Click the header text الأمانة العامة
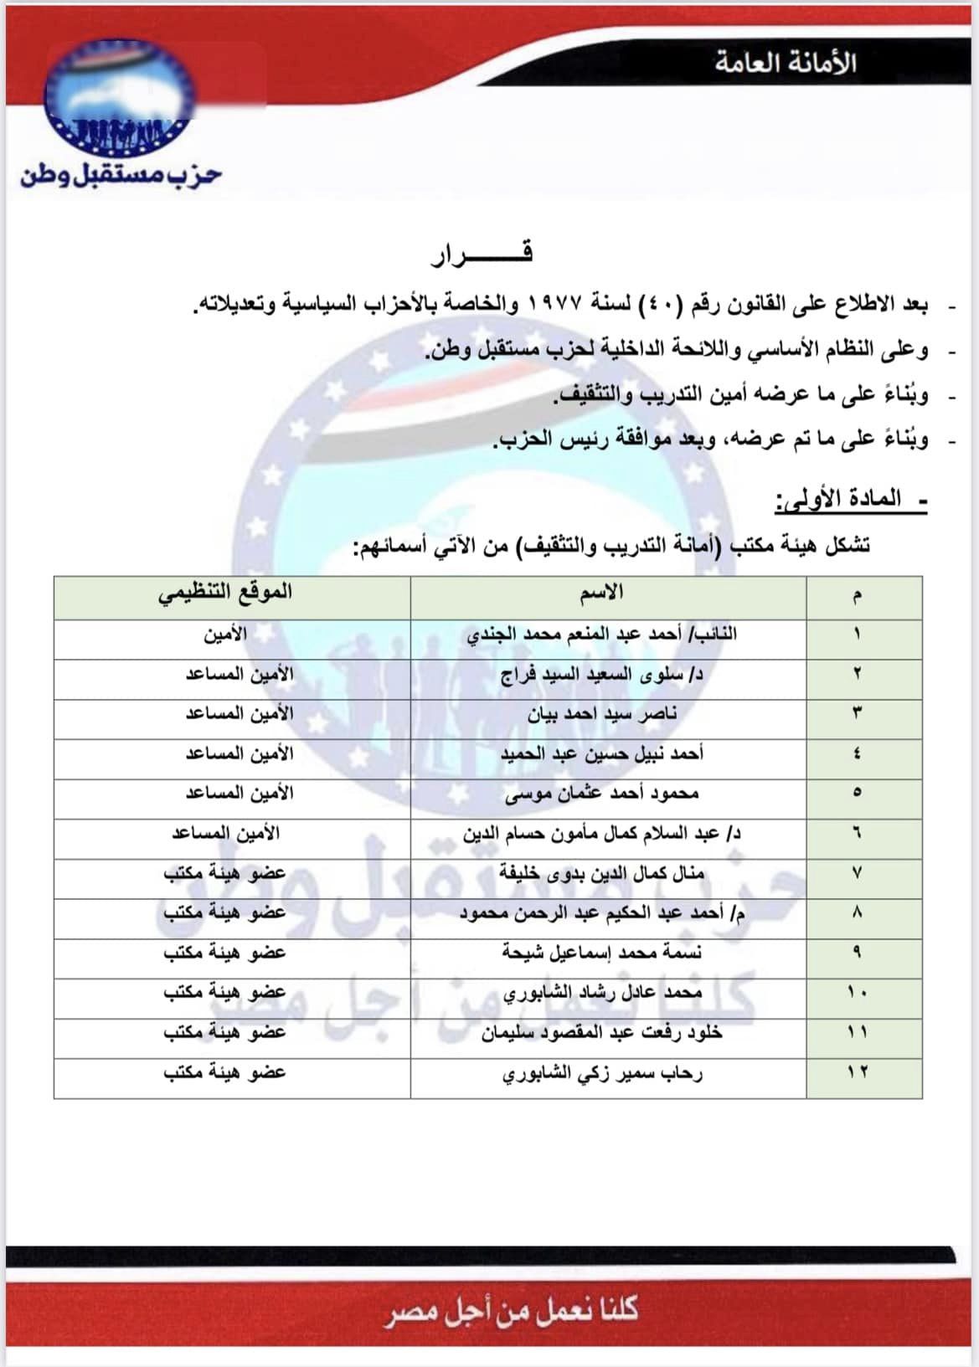pyautogui.click(x=785, y=63)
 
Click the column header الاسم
pyautogui.click(x=601, y=594)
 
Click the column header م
pyautogui.click(x=857, y=595)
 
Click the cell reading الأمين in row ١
pyautogui.click(x=225, y=635)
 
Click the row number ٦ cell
pyautogui.click(x=857, y=834)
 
